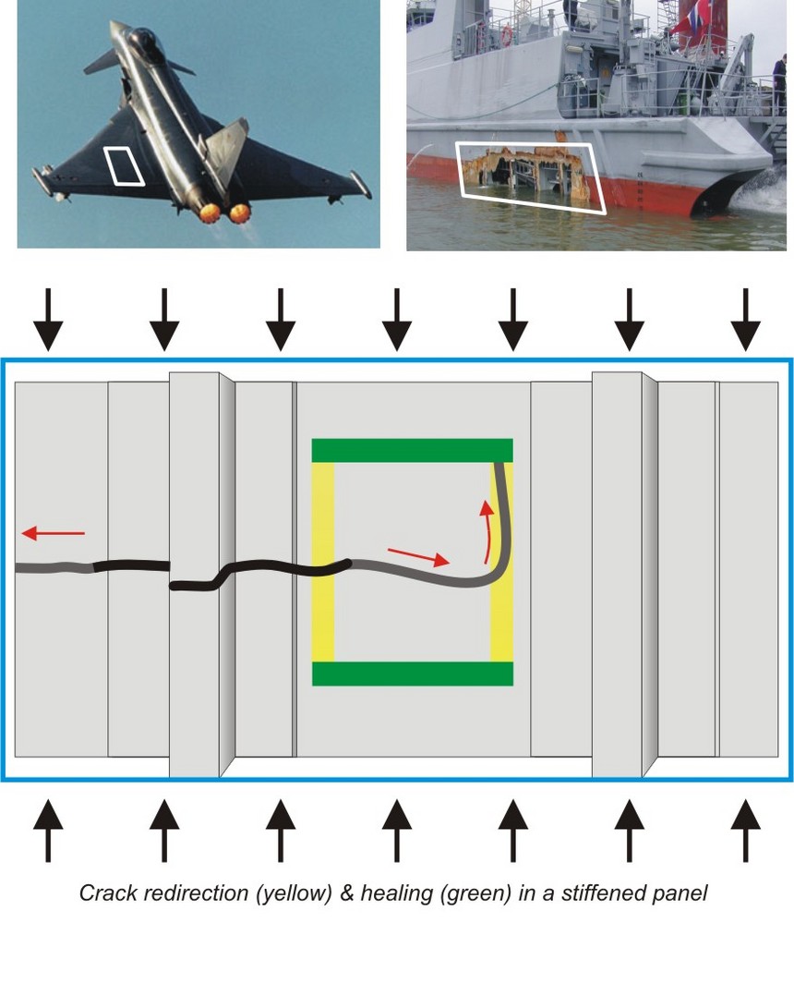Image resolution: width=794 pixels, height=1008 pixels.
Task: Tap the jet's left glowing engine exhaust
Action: pos(211,213)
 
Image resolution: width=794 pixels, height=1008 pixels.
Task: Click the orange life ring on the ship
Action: pos(507,34)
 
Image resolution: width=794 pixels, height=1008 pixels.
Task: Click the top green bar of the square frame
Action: pos(413,450)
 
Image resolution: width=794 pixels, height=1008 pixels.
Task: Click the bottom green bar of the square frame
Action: pos(413,673)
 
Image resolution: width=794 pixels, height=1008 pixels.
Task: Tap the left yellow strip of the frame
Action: pos(323,561)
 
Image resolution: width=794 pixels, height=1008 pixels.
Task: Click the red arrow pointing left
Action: pos(54,533)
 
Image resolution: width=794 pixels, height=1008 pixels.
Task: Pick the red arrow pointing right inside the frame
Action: pos(418,557)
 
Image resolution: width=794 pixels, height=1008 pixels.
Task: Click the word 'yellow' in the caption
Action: pos(294,893)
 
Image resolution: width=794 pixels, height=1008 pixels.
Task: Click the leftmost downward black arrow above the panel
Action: pos(48,320)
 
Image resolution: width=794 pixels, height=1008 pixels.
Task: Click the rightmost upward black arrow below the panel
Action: pos(745,830)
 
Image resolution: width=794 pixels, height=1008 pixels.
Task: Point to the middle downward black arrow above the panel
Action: pos(396,320)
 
